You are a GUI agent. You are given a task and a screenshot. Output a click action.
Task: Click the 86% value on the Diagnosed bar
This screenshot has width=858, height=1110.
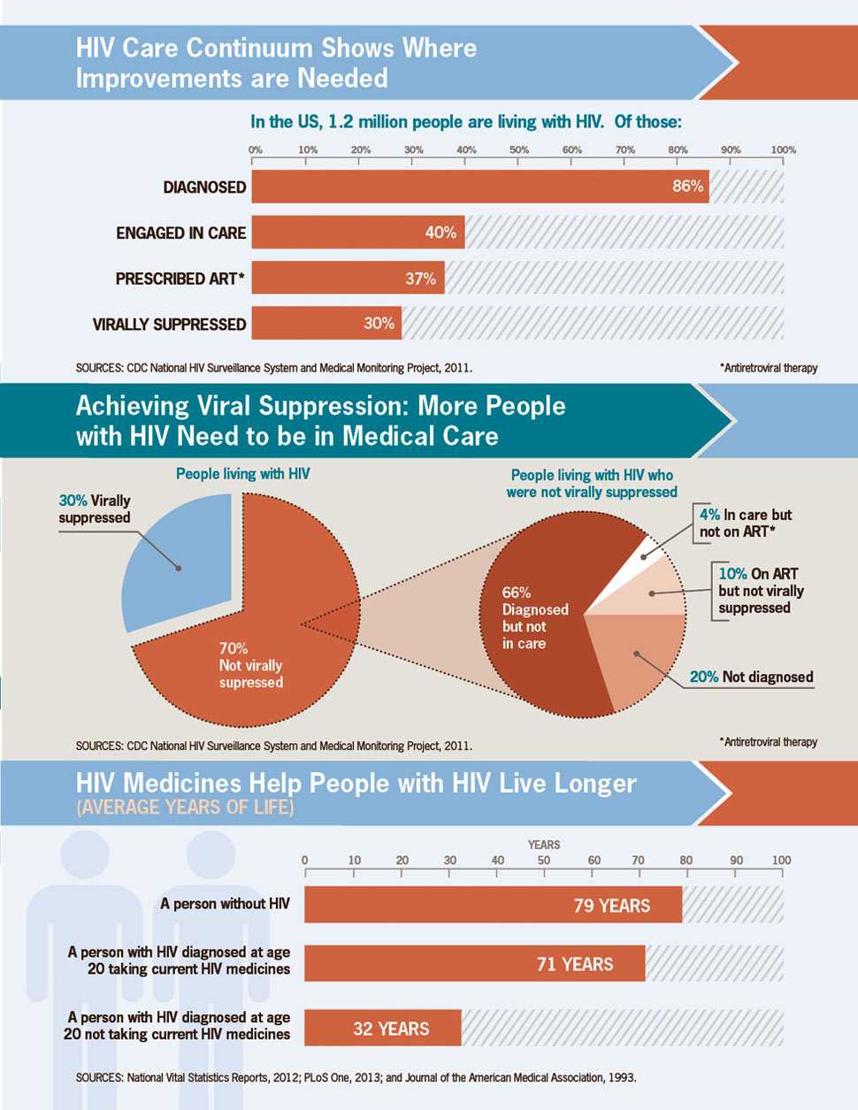coord(687,187)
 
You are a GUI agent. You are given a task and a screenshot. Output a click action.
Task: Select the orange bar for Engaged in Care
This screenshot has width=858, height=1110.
coord(358,233)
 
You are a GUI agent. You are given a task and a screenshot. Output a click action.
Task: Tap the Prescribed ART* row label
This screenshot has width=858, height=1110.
coord(180,279)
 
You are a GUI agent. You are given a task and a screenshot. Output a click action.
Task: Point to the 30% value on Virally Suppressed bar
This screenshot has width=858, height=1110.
coord(379,324)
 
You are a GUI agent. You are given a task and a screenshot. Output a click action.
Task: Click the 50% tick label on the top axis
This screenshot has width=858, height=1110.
coord(519,150)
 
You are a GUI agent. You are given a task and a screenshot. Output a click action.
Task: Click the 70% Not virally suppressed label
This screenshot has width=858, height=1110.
coord(250,665)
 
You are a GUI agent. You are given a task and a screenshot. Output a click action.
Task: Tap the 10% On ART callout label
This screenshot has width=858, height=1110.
coord(761,591)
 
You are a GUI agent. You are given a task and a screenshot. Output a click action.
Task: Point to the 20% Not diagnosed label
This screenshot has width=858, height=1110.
coord(751,677)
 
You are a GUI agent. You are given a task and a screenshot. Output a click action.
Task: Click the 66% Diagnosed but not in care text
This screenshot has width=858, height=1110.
coord(535,617)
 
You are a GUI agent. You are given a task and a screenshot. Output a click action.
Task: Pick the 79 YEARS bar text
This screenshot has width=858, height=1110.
coord(611,906)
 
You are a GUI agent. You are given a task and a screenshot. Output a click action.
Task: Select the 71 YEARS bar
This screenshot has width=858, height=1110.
coord(475,964)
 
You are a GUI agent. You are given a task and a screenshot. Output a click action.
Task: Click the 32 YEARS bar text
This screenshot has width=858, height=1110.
coord(391,1029)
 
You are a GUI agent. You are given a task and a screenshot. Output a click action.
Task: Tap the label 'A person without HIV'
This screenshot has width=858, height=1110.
coord(225,904)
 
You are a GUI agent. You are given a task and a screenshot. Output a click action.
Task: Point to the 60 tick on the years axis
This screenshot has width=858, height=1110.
coord(594,860)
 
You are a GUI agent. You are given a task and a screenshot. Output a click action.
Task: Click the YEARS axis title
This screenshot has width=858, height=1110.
coord(544,845)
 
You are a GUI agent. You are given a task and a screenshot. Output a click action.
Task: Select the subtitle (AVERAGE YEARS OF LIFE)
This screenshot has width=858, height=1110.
coord(185,807)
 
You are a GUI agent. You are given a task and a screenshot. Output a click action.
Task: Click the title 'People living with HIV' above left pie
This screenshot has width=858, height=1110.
coord(242,474)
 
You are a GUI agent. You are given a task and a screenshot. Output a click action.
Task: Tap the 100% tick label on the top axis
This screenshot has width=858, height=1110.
coord(783,150)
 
